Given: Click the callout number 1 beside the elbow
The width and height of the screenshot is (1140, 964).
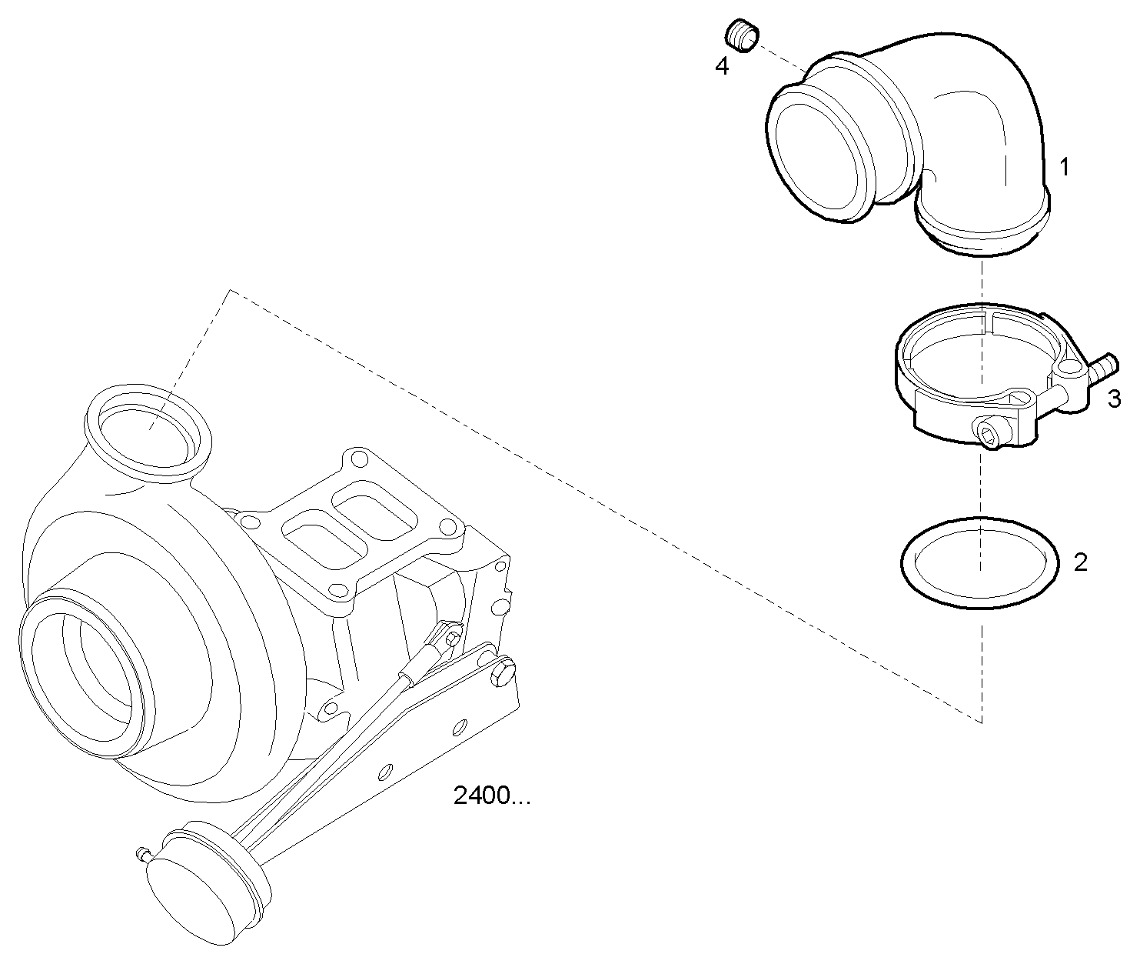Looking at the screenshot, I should (x=1064, y=167).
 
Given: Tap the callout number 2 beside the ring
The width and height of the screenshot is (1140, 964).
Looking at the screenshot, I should (x=1080, y=562).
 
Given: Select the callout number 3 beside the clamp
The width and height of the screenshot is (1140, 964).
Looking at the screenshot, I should (x=1114, y=399).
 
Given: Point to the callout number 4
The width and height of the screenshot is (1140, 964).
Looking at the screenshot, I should (x=722, y=66).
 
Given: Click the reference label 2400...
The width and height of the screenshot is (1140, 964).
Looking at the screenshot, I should (x=492, y=796).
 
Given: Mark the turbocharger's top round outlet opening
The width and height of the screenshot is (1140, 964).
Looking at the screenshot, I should (x=146, y=427).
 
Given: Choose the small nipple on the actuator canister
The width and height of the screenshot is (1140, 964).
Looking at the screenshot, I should (x=141, y=853).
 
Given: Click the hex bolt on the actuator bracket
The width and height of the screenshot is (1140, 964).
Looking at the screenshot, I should (x=501, y=672).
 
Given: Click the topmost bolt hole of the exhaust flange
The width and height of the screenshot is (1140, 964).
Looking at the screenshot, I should (x=355, y=461).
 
